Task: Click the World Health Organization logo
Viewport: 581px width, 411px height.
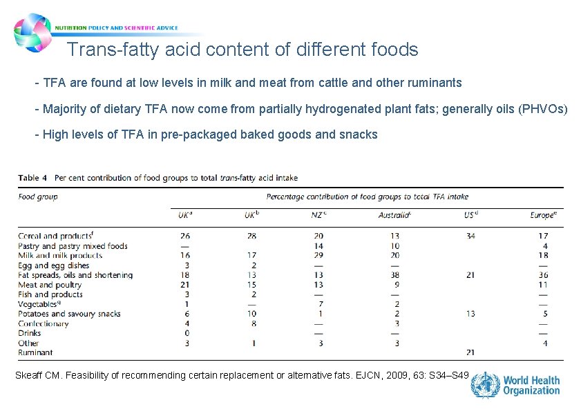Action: (515, 385)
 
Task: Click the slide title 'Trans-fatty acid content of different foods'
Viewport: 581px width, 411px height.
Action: (242, 50)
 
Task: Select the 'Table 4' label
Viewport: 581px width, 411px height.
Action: (32, 177)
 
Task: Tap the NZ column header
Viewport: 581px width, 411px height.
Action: (318, 215)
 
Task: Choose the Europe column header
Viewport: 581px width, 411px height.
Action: (542, 215)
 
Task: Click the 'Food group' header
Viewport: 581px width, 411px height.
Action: (38, 197)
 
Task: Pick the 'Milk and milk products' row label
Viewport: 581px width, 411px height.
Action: (60, 256)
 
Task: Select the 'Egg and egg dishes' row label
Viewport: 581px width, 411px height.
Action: (54, 265)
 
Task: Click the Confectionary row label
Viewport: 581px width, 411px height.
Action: (44, 323)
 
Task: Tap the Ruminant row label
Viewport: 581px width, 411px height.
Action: (35, 352)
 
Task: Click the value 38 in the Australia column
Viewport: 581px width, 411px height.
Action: (395, 275)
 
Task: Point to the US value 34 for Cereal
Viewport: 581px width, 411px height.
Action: (470, 237)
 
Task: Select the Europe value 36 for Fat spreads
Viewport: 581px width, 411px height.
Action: (542, 275)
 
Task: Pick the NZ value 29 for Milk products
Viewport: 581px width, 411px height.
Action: (318, 256)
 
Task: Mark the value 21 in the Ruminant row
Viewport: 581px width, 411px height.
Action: (470, 352)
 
